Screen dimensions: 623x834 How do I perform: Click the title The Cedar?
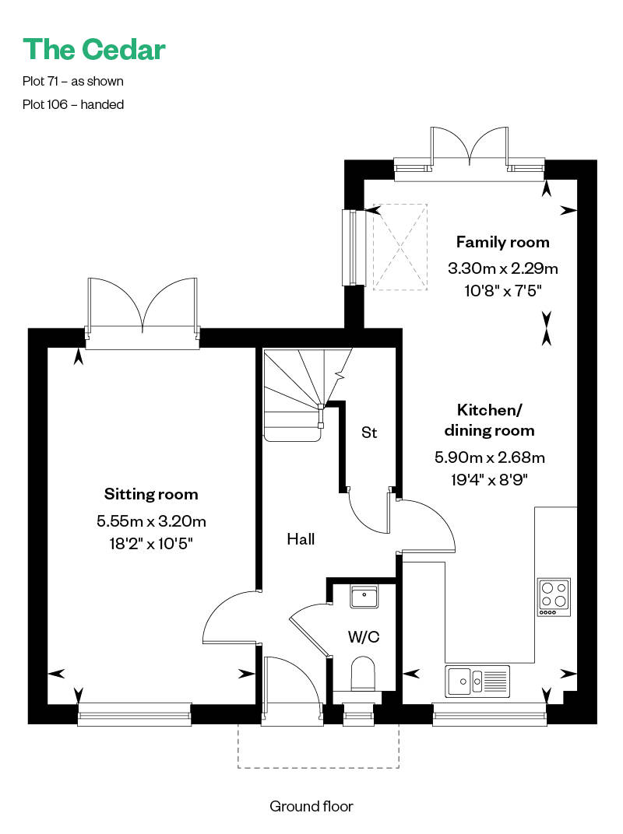point(94,50)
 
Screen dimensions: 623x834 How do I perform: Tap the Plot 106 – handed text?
point(73,104)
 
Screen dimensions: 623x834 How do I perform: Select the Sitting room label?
point(151,494)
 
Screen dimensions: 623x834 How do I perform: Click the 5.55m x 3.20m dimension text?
point(151,520)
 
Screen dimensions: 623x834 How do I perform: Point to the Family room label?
point(502,242)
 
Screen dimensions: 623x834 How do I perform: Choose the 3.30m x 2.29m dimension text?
point(502,268)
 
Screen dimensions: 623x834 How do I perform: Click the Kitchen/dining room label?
point(489,420)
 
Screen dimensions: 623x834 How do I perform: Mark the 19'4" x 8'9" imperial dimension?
point(489,480)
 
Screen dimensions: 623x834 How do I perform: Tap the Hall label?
point(301,539)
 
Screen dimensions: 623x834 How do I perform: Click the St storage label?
point(369,433)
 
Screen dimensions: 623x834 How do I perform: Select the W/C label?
point(364,636)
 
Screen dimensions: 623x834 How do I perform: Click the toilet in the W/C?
point(363,674)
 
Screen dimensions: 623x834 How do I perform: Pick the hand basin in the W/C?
point(364,596)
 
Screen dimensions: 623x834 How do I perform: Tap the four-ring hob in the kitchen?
point(554,597)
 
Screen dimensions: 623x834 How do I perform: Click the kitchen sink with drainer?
point(477,681)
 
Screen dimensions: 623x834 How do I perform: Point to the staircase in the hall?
point(308,394)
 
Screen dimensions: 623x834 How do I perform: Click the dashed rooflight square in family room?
point(400,247)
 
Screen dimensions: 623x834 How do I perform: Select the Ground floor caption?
point(311,806)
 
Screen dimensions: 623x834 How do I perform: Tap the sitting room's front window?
point(134,714)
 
